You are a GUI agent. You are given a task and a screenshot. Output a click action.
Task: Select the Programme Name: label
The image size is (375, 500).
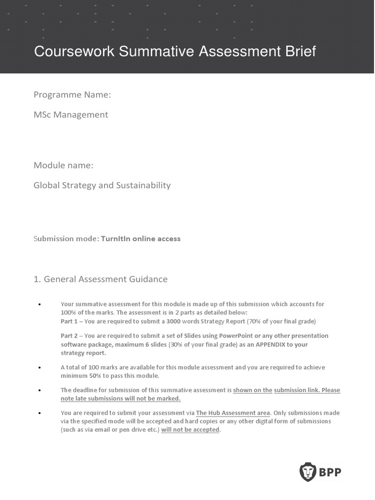pos(72,95)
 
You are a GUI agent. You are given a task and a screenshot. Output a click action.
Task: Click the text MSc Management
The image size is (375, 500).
pos(71,115)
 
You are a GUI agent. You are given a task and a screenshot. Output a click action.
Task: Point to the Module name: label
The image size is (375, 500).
pos(63,165)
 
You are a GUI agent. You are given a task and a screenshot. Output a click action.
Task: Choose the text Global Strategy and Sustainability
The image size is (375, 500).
pos(102,186)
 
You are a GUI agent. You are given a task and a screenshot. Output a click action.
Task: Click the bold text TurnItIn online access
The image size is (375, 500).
pos(141,239)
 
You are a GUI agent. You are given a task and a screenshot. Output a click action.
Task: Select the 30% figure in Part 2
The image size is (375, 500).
pos(175,344)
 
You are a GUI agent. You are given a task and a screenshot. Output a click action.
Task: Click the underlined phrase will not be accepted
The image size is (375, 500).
pos(190,430)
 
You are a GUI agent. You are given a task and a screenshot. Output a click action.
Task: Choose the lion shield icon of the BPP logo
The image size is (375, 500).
pos(308,472)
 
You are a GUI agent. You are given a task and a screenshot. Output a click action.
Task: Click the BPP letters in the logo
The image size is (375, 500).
pos(331,472)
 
